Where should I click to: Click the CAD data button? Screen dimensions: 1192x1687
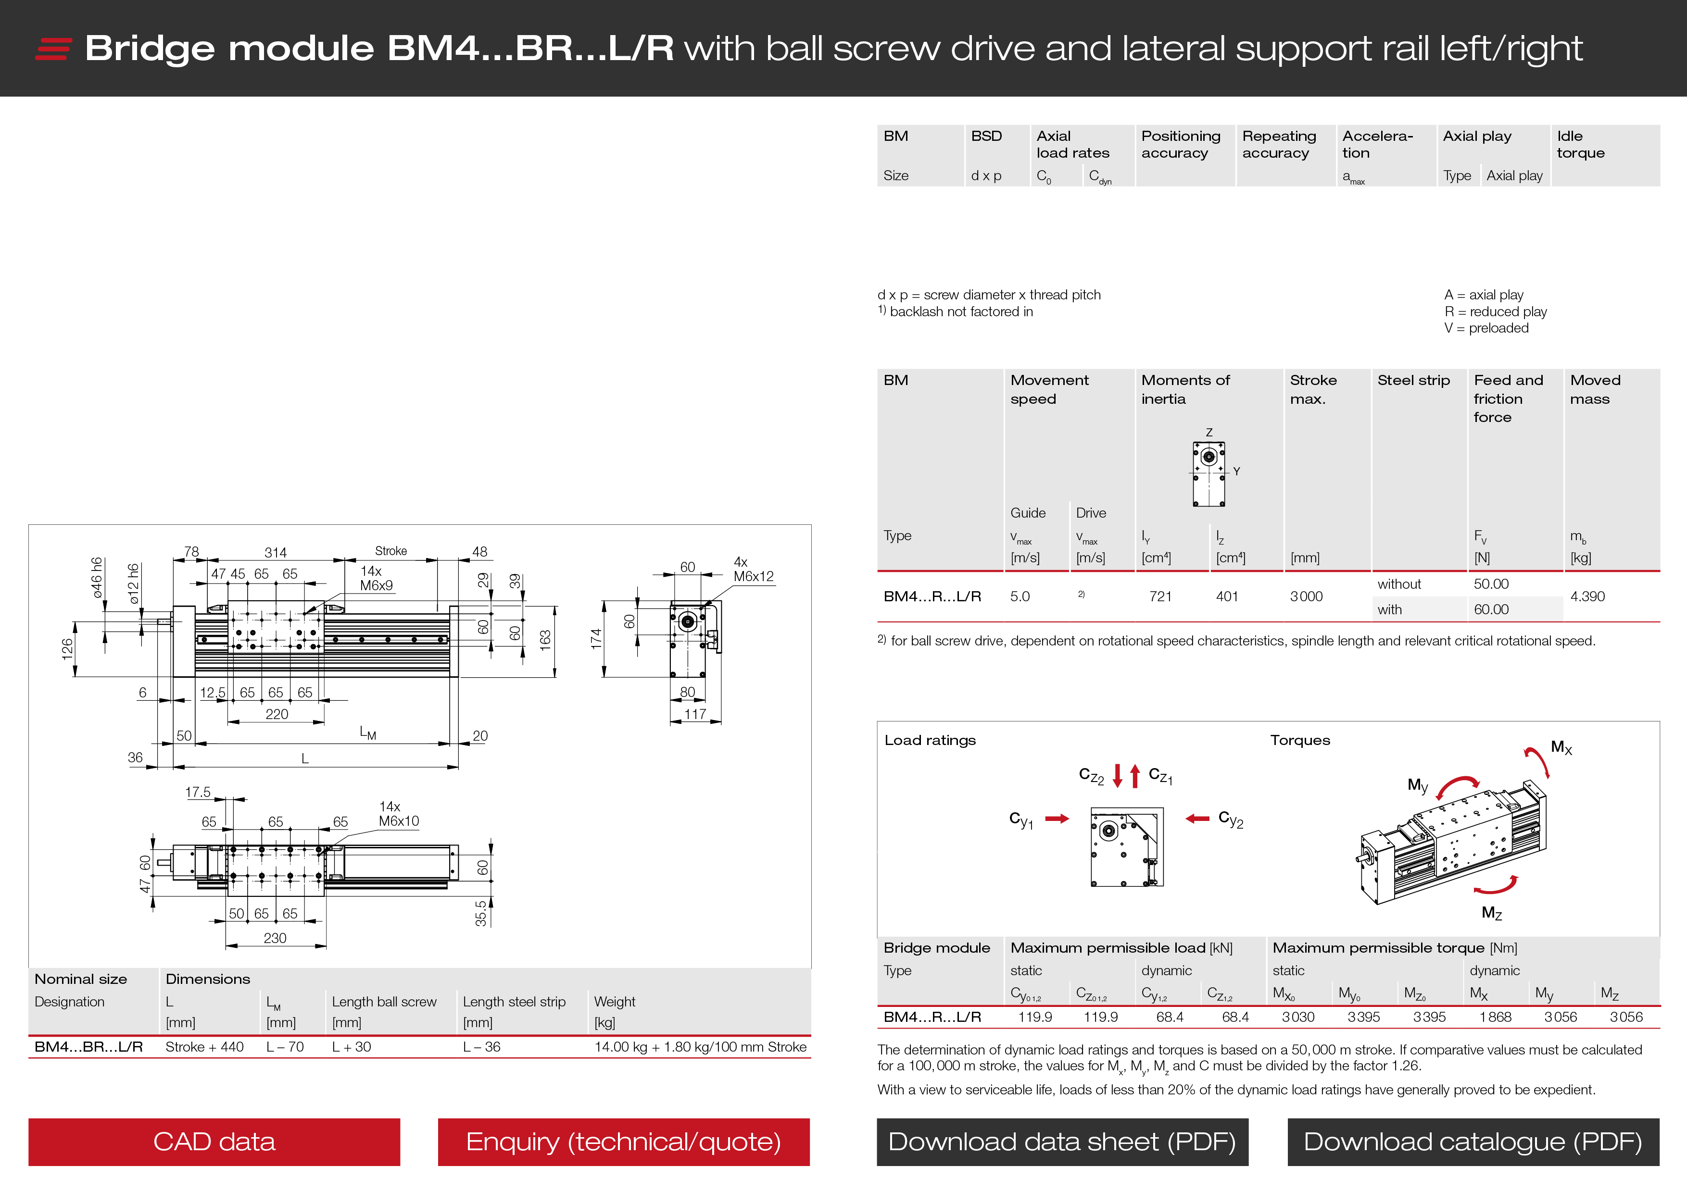coord(214,1142)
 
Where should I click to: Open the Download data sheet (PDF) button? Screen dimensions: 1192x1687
coord(1062,1142)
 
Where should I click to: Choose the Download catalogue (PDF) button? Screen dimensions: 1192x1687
coord(1473,1142)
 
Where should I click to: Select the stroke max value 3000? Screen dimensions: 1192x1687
coord(1306,596)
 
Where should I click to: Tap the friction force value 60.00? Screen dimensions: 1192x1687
coord(1491,609)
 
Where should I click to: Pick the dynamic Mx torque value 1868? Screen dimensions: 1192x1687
coord(1495,1017)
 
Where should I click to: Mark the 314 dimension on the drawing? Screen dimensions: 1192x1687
coord(276,552)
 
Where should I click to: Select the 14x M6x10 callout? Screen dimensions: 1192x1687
coord(398,814)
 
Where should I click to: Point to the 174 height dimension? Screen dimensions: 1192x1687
coord(596,638)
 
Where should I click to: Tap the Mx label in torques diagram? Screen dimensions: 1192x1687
coord(1561,748)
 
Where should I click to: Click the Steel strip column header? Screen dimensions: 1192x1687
coord(1413,381)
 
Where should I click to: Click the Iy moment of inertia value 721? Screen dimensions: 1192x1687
coord(1160,596)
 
